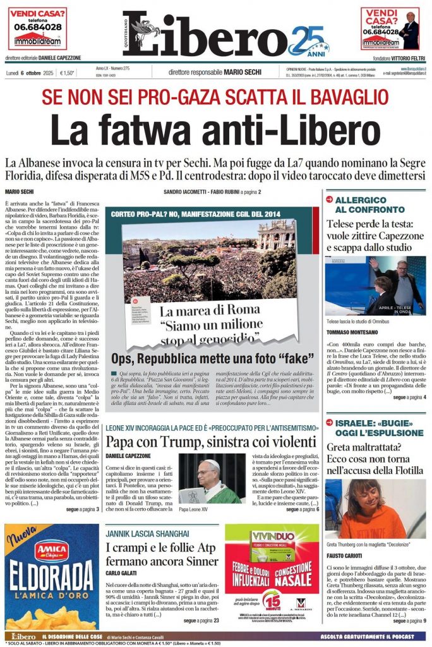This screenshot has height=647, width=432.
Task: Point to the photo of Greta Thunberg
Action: pyautogui.click(x=375, y=508)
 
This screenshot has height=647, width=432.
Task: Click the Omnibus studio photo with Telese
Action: pyautogui.click(x=375, y=286)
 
